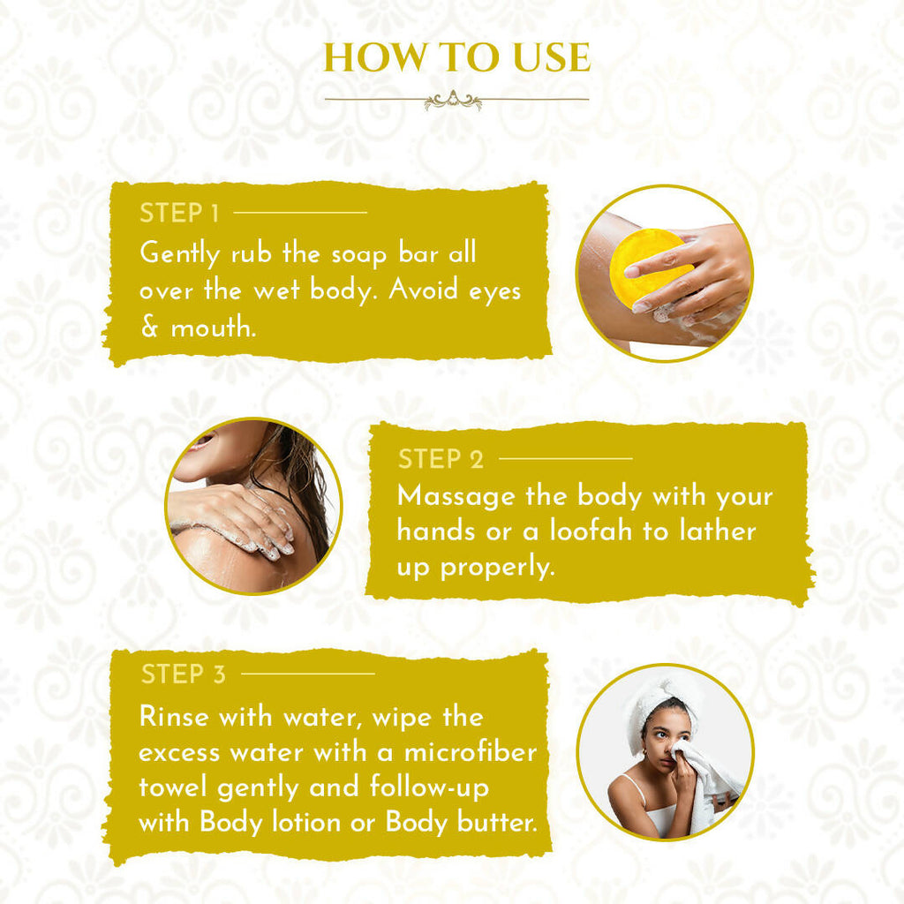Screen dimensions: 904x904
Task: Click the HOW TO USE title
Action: (x=456, y=57)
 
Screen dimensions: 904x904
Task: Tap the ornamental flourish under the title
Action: (x=453, y=101)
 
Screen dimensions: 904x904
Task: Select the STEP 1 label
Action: (x=179, y=213)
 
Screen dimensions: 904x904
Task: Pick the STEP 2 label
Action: (x=441, y=459)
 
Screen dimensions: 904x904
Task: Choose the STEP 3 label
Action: (x=184, y=674)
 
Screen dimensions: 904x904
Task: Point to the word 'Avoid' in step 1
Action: (x=423, y=290)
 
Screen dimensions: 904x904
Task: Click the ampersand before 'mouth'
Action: (x=149, y=327)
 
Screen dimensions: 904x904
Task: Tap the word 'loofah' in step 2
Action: (x=591, y=531)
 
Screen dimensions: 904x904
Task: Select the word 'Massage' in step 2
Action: (x=456, y=496)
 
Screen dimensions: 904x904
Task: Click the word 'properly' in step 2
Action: (x=497, y=568)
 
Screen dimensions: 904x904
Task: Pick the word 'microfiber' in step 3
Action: (x=471, y=752)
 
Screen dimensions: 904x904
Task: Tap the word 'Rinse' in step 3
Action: (x=174, y=717)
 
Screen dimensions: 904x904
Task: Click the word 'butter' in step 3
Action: (x=497, y=822)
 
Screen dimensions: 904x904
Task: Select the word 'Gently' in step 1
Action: (x=180, y=253)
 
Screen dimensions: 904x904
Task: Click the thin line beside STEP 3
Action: (x=308, y=674)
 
